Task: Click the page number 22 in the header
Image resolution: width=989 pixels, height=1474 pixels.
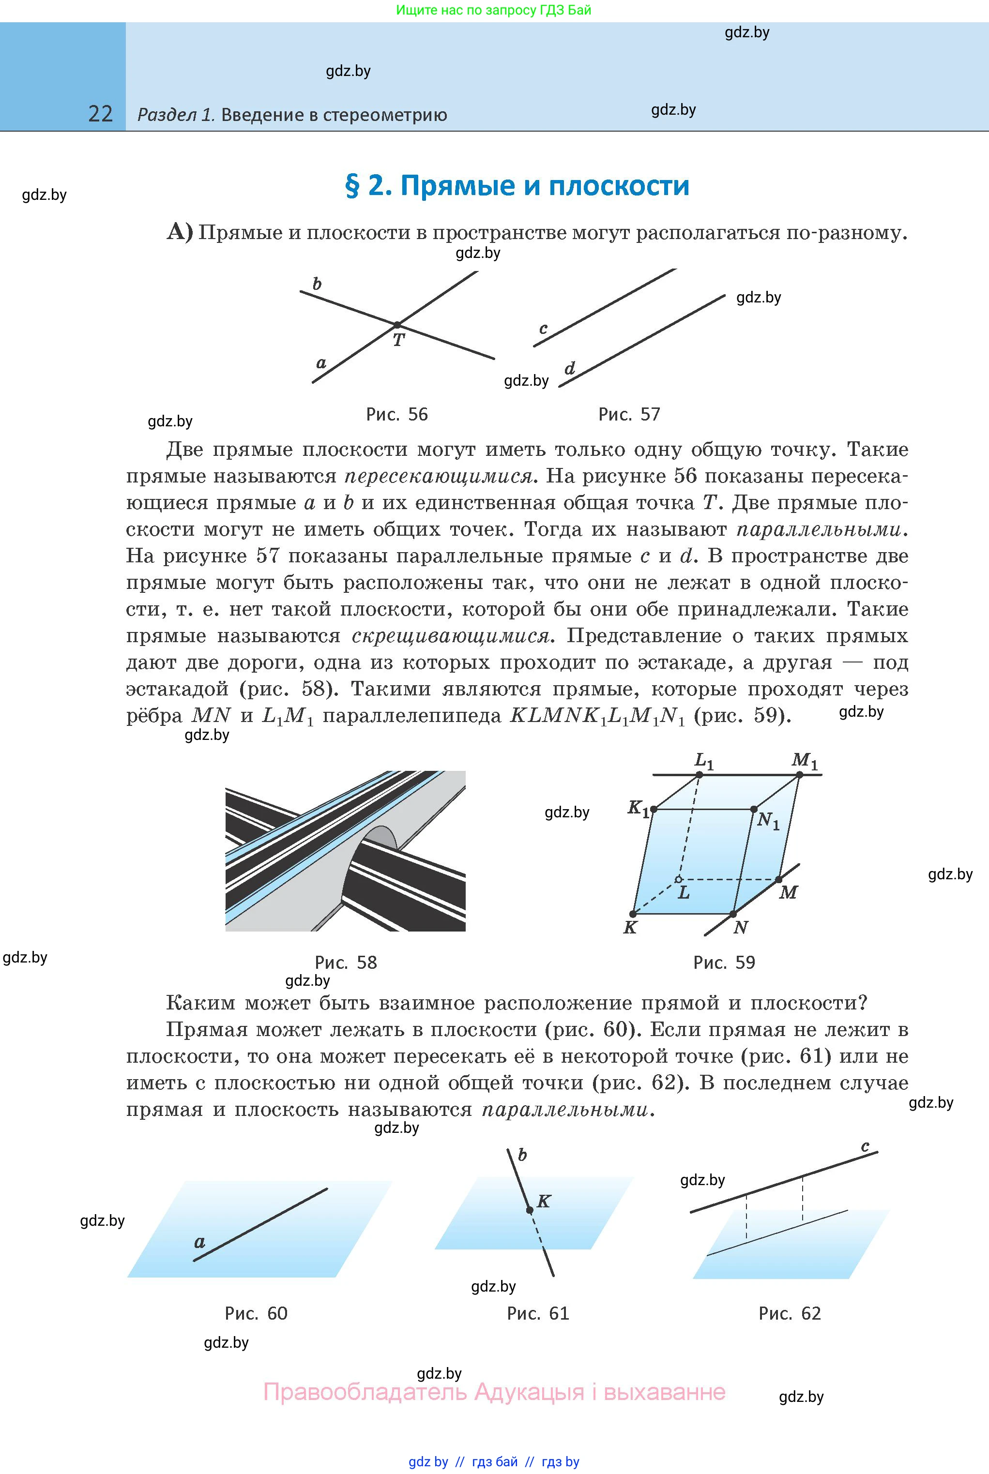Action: pyautogui.click(x=100, y=114)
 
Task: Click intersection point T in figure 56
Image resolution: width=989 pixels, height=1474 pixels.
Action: pyautogui.click(x=397, y=325)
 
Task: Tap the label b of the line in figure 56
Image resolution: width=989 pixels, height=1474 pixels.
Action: pyautogui.click(x=317, y=284)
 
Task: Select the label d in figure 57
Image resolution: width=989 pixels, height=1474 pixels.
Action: pyautogui.click(x=570, y=368)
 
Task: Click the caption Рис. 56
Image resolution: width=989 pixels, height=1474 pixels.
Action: pyautogui.click(x=397, y=414)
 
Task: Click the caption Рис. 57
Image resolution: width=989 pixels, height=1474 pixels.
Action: pyautogui.click(x=629, y=414)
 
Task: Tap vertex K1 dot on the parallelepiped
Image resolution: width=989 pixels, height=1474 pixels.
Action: pyautogui.click(x=654, y=809)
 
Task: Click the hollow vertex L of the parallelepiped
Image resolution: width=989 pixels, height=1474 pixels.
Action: pyautogui.click(x=679, y=879)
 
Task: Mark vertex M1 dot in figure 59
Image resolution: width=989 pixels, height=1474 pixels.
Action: pyautogui.click(x=799, y=774)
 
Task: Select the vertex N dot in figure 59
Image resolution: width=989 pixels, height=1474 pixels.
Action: pyautogui.click(x=733, y=914)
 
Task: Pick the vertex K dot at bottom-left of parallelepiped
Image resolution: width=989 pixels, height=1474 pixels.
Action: pyautogui.click(x=633, y=914)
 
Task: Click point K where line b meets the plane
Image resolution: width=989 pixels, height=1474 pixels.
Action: pyautogui.click(x=530, y=1209)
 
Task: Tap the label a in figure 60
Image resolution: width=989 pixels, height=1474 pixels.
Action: pyautogui.click(x=199, y=1242)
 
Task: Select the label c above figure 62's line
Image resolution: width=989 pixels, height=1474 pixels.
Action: pyautogui.click(x=866, y=1146)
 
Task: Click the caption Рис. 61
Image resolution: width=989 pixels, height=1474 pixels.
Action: pyautogui.click(x=537, y=1313)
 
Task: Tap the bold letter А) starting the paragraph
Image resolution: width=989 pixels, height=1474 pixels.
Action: pyautogui.click(x=179, y=232)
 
